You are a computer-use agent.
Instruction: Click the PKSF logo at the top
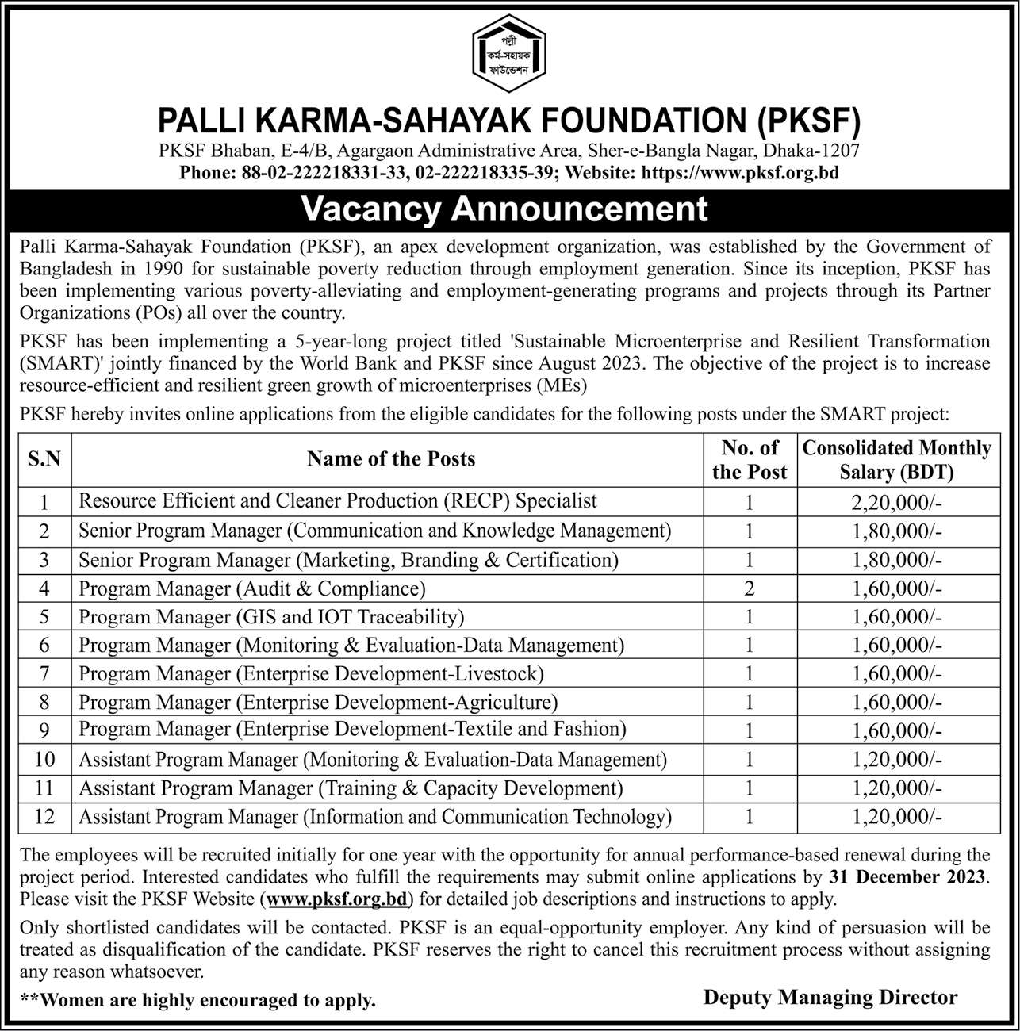(x=510, y=56)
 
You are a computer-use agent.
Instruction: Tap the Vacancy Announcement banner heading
(x=505, y=209)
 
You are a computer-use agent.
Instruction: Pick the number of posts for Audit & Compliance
(x=749, y=588)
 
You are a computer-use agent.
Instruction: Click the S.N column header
(x=44, y=459)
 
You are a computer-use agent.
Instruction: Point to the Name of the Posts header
(x=391, y=459)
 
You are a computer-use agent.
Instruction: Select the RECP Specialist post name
(x=338, y=501)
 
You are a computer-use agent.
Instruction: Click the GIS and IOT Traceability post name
(x=271, y=617)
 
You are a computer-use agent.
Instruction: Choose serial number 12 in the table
(x=44, y=816)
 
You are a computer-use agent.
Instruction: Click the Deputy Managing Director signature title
(x=830, y=998)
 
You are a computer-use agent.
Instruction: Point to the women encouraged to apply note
(x=198, y=1001)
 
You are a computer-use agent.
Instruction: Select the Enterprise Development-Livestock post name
(x=311, y=674)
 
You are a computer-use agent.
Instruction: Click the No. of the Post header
(x=749, y=460)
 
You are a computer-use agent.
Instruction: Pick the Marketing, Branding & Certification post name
(x=348, y=560)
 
